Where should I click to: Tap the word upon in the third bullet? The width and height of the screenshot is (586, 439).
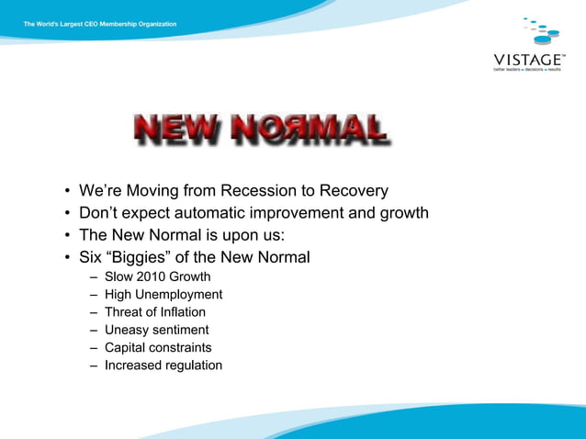click(230, 235)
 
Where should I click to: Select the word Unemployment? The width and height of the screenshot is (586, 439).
click(180, 295)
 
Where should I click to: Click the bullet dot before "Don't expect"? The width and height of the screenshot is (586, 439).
click(67, 214)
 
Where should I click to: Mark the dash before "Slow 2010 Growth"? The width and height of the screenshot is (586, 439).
click(95, 277)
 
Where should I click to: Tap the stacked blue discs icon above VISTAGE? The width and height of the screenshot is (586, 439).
click(539, 31)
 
